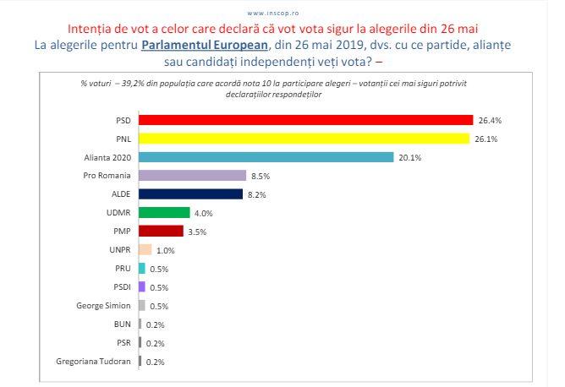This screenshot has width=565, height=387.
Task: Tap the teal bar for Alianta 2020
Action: tap(266, 156)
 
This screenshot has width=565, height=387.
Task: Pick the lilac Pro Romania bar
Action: tap(191, 175)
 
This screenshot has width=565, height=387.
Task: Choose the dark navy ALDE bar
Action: tap(190, 193)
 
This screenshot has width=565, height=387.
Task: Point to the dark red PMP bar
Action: tap(160, 231)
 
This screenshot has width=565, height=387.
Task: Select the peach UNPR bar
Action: tap(145, 249)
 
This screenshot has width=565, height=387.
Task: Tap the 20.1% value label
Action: tap(409, 157)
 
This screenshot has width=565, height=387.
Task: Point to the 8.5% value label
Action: tap(260, 176)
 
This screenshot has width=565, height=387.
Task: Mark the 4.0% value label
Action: tap(203, 213)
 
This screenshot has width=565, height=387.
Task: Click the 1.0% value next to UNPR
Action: tap(166, 250)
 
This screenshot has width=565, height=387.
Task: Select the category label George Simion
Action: tap(105, 305)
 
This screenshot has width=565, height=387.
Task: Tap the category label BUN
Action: tap(122, 324)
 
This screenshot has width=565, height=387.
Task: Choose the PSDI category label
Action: tap(121, 286)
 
